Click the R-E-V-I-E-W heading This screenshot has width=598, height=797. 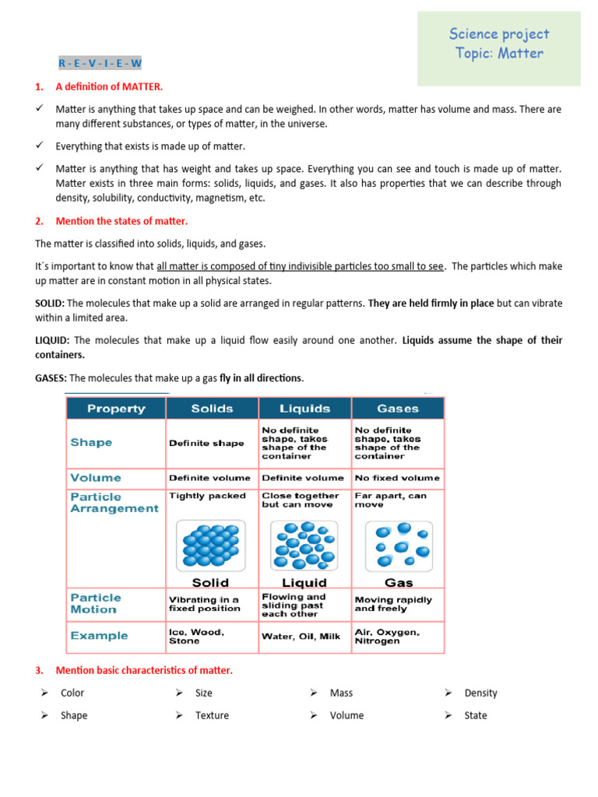click(100, 63)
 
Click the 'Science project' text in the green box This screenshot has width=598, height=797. click(498, 33)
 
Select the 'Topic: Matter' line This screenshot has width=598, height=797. click(499, 54)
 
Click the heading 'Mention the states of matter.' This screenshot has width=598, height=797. click(121, 221)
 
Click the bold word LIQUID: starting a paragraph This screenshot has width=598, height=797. click(53, 340)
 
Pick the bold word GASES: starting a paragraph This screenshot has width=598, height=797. click(51, 378)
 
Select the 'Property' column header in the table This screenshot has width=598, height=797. click(115, 409)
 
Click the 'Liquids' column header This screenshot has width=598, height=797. click(304, 409)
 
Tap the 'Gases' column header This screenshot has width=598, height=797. click(398, 409)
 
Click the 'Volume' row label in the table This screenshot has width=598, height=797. click(96, 478)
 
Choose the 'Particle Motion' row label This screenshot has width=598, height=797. click(96, 603)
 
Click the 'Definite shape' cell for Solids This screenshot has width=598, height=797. click(206, 443)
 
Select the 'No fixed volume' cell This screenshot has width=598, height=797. click(397, 478)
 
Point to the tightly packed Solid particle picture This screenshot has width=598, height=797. click(210, 545)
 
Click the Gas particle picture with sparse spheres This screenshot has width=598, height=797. click(399, 545)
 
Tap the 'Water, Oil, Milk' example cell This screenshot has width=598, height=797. click(301, 637)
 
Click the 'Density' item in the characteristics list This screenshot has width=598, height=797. click(480, 693)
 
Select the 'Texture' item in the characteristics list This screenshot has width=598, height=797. click(212, 715)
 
